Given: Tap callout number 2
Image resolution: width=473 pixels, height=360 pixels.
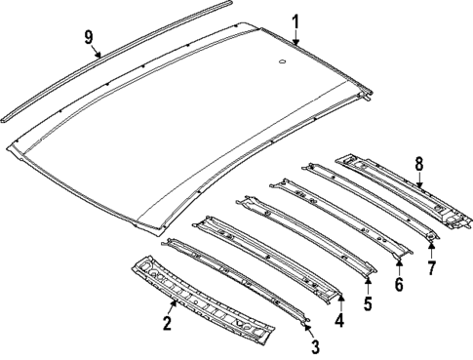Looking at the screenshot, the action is coord(168,323).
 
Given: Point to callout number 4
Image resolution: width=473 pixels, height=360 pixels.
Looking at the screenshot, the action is coord(339,319).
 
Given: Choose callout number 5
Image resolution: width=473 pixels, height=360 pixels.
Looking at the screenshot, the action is coord(369,303).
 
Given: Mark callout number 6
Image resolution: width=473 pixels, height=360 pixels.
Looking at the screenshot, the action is coord(399,285).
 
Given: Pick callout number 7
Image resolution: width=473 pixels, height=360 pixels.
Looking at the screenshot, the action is coord(430,266).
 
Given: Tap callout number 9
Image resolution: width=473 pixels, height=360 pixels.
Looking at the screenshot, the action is coord(88,37).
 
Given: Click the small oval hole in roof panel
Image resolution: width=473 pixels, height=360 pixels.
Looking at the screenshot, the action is coord(282,64).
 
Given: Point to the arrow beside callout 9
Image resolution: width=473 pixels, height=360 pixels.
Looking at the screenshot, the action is coord(98,52).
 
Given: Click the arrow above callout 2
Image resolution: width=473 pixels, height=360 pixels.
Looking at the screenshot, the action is coord(173,306).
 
